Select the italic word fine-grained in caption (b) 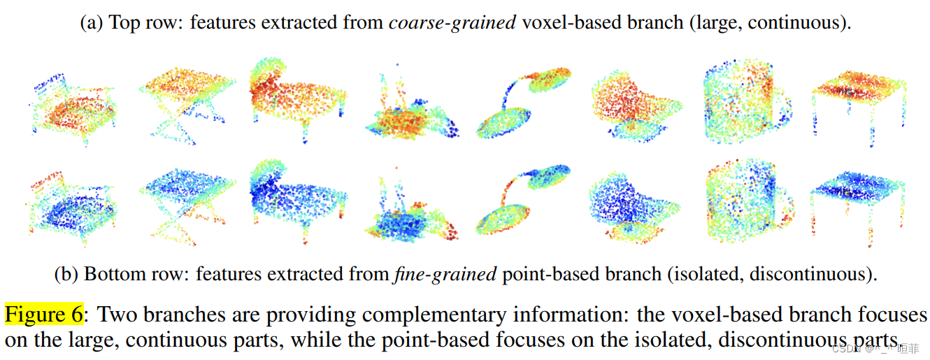click(x=444, y=274)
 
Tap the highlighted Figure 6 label click(x=44, y=314)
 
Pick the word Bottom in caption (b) click(x=108, y=274)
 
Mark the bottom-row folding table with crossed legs click(x=185, y=196)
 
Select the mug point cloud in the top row click(x=745, y=105)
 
